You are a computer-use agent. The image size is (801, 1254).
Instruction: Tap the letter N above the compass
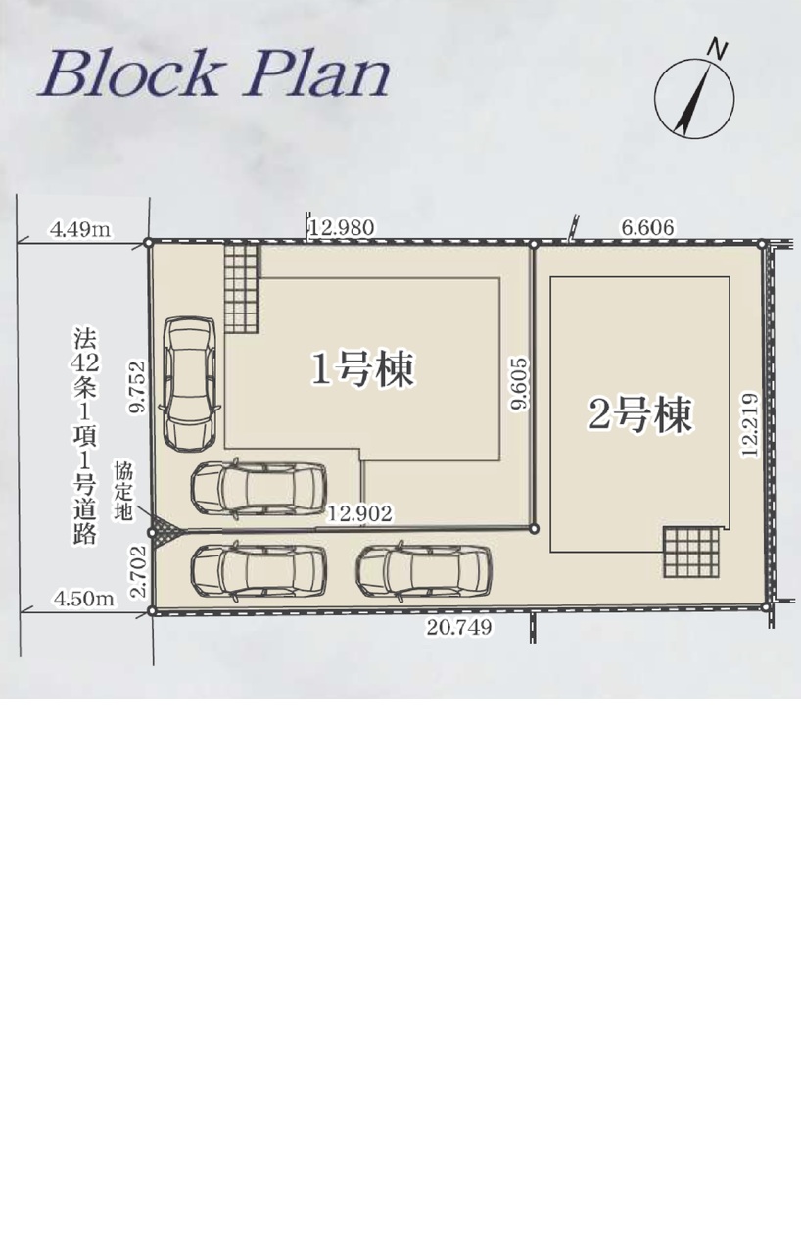pyautogui.click(x=716, y=49)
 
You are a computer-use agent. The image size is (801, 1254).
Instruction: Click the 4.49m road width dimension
pyautogui.click(x=80, y=229)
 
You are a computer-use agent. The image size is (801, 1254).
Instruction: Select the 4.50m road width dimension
pyautogui.click(x=84, y=599)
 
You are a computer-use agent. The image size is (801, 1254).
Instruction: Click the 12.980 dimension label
pyautogui.click(x=342, y=228)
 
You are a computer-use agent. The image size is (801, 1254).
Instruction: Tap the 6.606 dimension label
pyautogui.click(x=647, y=227)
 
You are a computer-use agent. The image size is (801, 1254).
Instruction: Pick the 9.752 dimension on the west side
pyautogui.click(x=137, y=387)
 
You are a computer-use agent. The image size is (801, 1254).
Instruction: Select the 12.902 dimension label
pyautogui.click(x=359, y=513)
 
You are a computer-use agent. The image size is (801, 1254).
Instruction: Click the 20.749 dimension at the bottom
pyautogui.click(x=459, y=628)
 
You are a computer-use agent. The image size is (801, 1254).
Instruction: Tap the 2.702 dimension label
pyautogui.click(x=138, y=571)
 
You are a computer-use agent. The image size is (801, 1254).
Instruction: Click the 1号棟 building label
pyautogui.click(x=363, y=369)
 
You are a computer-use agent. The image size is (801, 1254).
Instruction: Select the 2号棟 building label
pyautogui.click(x=639, y=414)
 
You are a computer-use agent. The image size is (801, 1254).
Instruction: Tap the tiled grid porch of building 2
pyautogui.click(x=691, y=552)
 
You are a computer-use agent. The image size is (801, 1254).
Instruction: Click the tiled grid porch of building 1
pyautogui.click(x=242, y=288)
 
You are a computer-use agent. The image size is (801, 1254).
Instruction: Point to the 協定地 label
pyautogui.click(x=123, y=491)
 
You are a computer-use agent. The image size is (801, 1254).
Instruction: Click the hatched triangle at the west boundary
pyautogui.click(x=163, y=532)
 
